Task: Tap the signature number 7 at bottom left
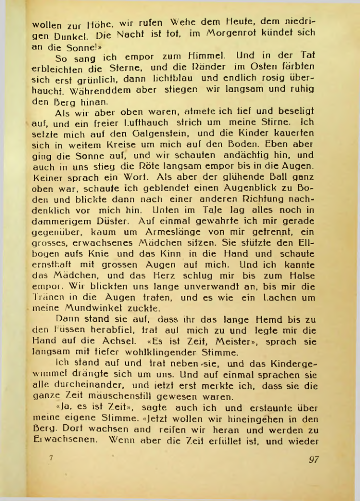[x=51, y=457]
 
